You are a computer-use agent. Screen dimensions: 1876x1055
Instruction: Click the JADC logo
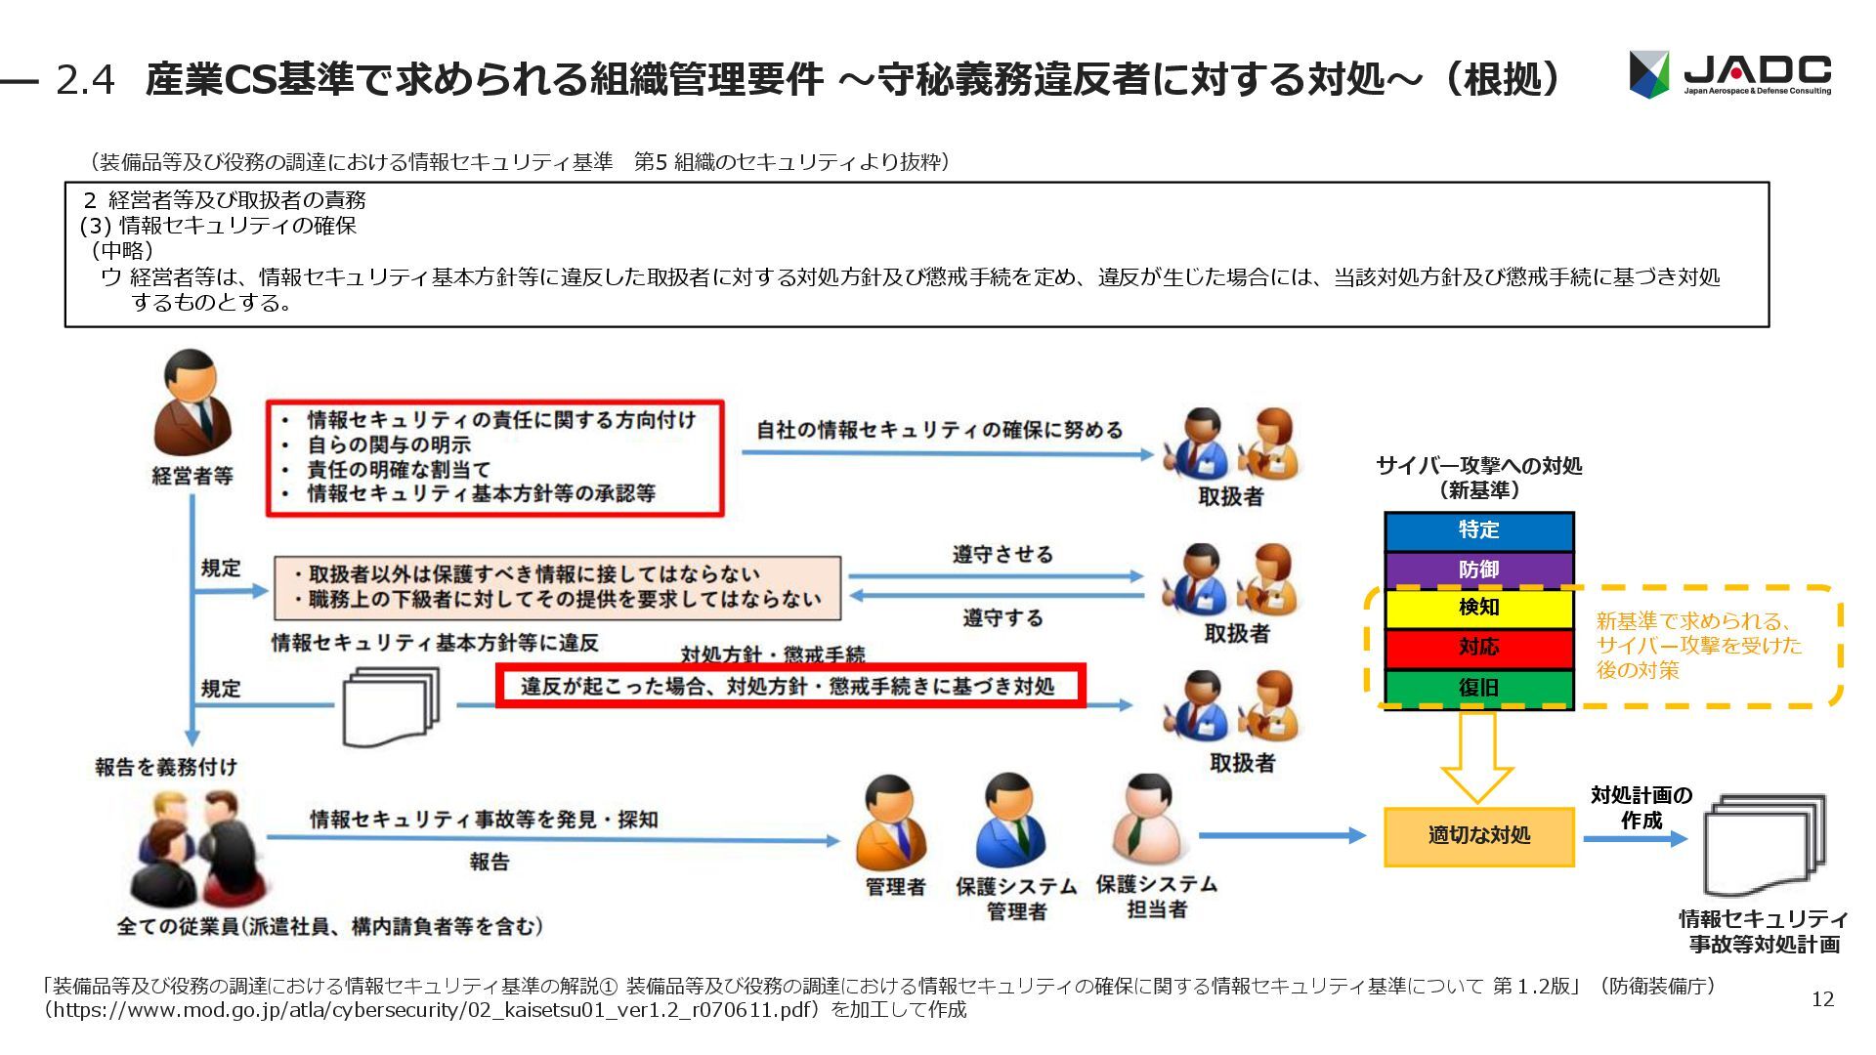[1729, 74]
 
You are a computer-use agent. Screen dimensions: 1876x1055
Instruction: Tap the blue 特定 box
[1478, 530]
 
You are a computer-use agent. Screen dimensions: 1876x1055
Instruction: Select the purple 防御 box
[1478, 570]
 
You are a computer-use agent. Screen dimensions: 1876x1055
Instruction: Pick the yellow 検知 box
[1478, 608]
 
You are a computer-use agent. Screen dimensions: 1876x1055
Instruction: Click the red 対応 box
[1478, 648]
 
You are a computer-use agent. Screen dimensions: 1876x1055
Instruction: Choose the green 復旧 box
[1478, 688]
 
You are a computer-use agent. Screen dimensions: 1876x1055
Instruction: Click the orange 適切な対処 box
[1478, 836]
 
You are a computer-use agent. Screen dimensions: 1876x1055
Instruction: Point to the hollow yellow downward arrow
[1476, 756]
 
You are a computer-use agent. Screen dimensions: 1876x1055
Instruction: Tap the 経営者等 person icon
[193, 403]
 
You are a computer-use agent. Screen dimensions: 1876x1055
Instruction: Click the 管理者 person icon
[891, 823]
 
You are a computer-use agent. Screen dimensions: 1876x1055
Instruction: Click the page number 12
[1822, 998]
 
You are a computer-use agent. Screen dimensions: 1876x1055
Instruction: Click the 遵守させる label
[1002, 555]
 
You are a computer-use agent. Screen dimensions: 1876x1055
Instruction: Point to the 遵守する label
[1002, 618]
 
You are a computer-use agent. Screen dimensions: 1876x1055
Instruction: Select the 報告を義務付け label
[166, 767]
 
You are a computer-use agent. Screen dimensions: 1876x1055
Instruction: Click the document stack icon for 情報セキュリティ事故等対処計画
[1764, 844]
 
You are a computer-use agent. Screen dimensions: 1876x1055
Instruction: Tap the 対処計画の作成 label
[1641, 808]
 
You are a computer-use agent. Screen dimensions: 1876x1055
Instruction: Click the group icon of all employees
[195, 848]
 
